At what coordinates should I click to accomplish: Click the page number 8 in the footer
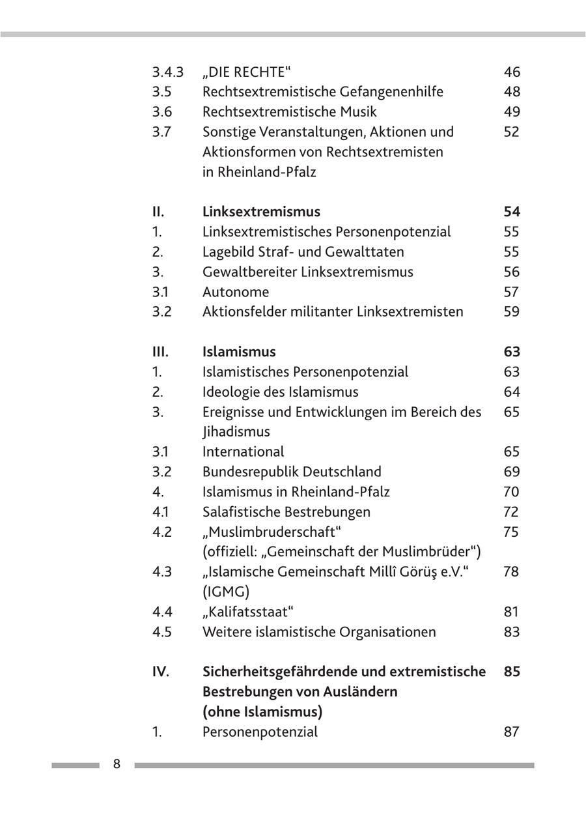(x=117, y=764)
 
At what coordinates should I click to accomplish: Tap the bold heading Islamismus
(x=239, y=352)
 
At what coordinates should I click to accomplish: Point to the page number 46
(x=512, y=72)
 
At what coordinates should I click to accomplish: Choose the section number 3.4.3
(x=167, y=72)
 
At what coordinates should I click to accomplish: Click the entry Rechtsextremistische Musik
(x=289, y=112)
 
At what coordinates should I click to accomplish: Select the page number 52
(x=512, y=132)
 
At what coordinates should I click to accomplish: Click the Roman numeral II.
(x=158, y=212)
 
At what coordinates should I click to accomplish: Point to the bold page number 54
(x=512, y=212)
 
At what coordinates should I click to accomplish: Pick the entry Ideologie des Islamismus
(x=280, y=392)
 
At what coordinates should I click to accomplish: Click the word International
(x=243, y=451)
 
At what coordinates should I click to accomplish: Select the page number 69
(x=512, y=472)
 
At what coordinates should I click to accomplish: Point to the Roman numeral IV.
(x=160, y=672)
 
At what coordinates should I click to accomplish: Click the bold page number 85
(x=512, y=672)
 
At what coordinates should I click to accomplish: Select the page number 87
(x=512, y=732)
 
